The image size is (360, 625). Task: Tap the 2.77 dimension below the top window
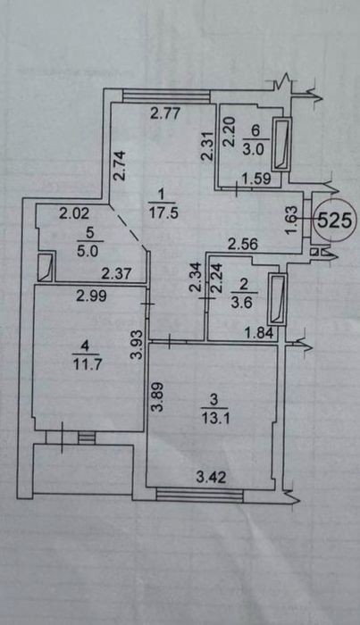click(x=165, y=114)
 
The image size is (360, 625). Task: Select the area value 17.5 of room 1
click(x=163, y=212)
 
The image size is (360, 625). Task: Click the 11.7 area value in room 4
click(x=86, y=364)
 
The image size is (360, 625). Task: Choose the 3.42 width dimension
click(x=212, y=477)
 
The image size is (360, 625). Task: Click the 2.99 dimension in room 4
click(x=92, y=296)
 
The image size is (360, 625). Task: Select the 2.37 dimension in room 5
click(x=116, y=274)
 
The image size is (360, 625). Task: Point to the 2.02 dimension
click(x=74, y=214)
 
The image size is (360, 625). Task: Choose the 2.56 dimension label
click(x=243, y=244)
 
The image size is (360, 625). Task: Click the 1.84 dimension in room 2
click(x=259, y=332)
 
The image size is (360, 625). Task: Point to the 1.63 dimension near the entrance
click(x=293, y=221)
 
